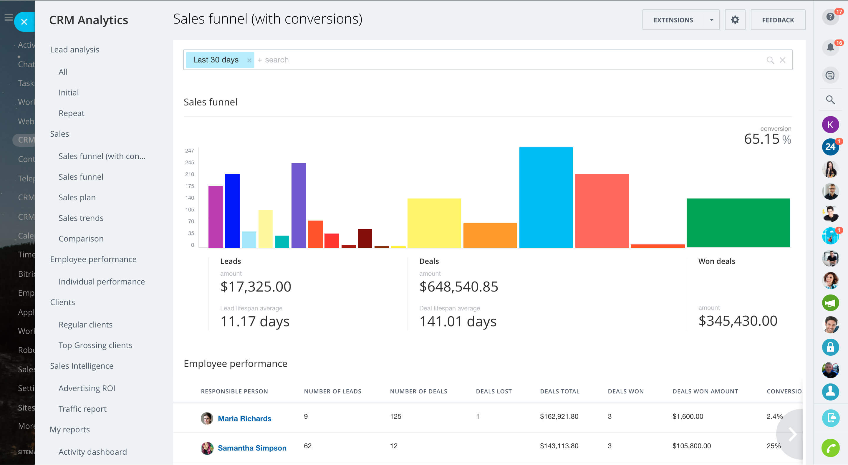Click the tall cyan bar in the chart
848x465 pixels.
546,197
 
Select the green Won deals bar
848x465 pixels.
738,223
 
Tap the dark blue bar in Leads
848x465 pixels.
232,211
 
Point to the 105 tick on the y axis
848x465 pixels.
190,210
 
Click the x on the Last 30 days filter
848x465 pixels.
249,60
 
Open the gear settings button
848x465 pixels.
735,20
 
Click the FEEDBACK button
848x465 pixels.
778,20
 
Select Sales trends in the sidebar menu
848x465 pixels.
81,218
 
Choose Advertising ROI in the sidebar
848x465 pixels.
87,388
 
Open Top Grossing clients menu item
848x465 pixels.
95,345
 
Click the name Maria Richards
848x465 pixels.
245,418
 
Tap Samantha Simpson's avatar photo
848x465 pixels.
207,448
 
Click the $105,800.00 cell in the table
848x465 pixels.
691,446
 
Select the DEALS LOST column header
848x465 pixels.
493,391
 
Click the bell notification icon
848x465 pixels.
830,47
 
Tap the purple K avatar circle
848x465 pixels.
830,125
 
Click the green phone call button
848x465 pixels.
830,448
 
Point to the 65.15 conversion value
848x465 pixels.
761,139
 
